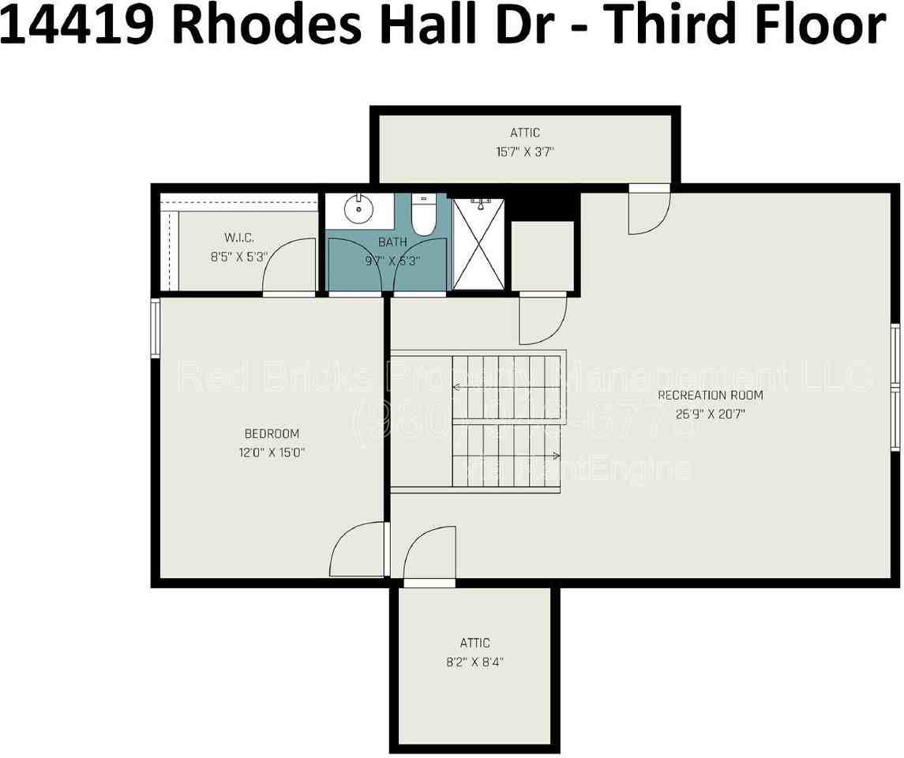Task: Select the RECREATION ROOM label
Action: tap(710, 395)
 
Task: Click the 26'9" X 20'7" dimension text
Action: tap(710, 413)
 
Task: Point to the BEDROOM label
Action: tap(272, 433)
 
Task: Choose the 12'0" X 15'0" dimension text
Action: tap(272, 452)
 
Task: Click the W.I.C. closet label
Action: tap(238, 238)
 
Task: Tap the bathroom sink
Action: tap(359, 209)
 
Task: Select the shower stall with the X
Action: tap(479, 244)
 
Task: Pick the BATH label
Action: tap(392, 242)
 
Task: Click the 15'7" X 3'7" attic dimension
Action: tap(524, 152)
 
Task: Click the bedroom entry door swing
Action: tap(359, 550)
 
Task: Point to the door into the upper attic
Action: tap(649, 212)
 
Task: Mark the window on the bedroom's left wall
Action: tap(156, 328)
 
